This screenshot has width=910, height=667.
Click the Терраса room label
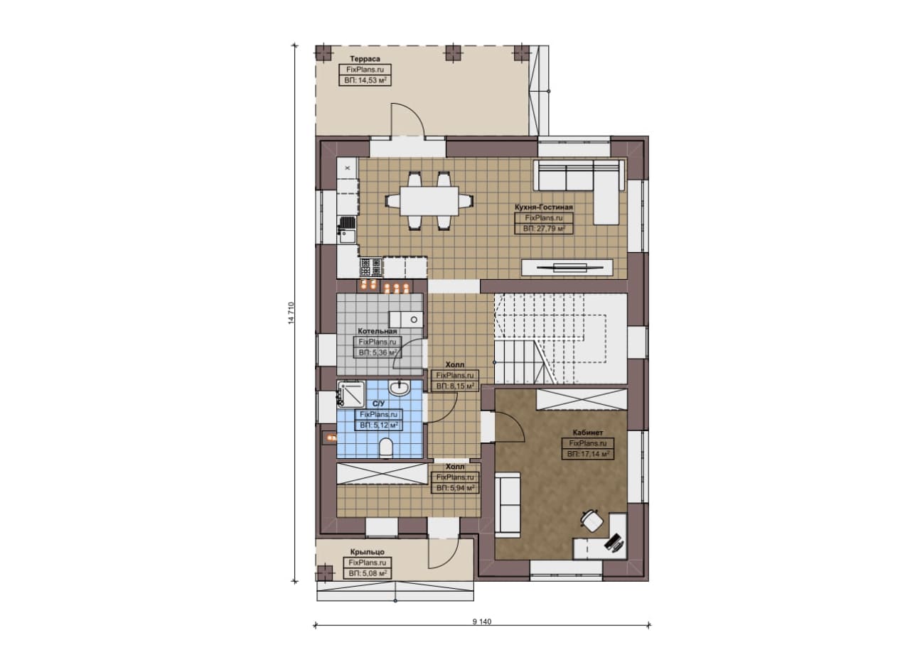click(x=365, y=59)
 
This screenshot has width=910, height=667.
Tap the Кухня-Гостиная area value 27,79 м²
click(x=544, y=229)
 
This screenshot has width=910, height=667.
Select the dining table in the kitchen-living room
click(x=429, y=201)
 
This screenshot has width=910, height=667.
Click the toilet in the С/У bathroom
click(x=386, y=448)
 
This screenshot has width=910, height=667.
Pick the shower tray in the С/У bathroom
click(x=351, y=394)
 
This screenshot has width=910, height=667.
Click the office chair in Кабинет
click(x=592, y=521)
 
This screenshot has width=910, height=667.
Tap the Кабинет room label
click(x=588, y=433)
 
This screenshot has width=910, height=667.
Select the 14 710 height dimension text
click(x=291, y=313)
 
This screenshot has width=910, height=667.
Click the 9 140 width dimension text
click(x=482, y=622)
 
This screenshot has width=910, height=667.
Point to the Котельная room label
click(x=378, y=331)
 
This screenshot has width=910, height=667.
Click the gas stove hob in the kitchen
click(x=371, y=267)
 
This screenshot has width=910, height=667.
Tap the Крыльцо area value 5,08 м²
click(x=368, y=574)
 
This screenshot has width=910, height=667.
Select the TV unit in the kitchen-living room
click(x=567, y=268)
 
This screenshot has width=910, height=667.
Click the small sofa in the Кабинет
click(x=508, y=504)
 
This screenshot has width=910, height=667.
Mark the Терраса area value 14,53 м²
click(x=365, y=81)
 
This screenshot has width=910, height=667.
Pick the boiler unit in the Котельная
click(x=405, y=320)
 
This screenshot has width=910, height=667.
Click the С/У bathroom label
click(x=379, y=404)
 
